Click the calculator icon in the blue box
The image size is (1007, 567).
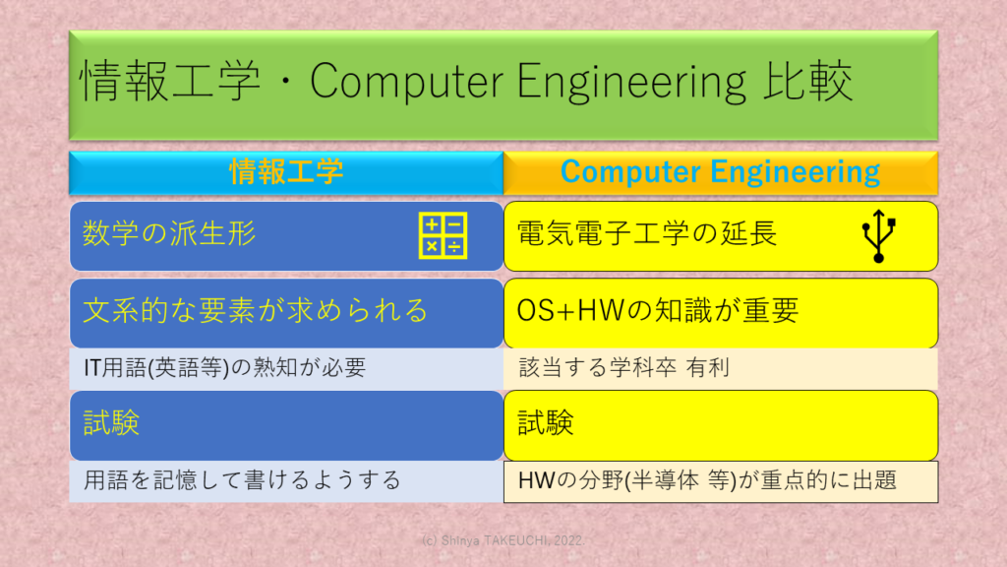[x=443, y=235]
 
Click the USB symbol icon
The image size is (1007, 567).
[x=878, y=236]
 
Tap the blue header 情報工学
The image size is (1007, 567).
[x=286, y=172]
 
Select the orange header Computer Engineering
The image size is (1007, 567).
[x=720, y=172]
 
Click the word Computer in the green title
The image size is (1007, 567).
[x=406, y=82]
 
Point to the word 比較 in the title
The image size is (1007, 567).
[x=807, y=81]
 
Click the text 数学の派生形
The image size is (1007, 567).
[x=169, y=232]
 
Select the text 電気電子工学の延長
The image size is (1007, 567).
[x=647, y=232]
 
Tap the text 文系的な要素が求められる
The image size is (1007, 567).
[x=256, y=310]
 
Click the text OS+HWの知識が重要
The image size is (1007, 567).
[x=658, y=310]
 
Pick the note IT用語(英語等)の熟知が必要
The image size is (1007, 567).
[x=225, y=368]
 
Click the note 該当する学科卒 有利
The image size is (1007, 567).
[x=623, y=368]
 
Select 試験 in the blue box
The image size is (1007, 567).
[x=111, y=423]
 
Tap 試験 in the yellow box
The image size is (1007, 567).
[x=545, y=423]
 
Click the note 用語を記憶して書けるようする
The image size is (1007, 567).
[x=242, y=480]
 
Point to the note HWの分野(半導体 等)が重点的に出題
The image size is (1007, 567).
[x=707, y=480]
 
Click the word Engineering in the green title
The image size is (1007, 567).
[x=631, y=82]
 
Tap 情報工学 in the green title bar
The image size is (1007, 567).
[x=169, y=81]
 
